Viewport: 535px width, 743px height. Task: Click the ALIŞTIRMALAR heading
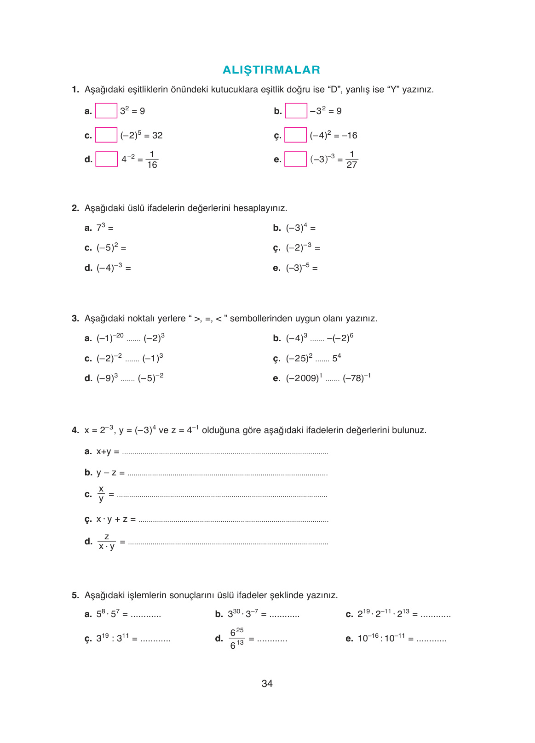point(271,70)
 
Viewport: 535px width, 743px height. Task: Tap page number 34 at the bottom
point(267,684)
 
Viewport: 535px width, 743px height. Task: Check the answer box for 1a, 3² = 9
point(106,111)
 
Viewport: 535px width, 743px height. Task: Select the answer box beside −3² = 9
point(296,111)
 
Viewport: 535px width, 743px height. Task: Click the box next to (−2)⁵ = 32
point(106,135)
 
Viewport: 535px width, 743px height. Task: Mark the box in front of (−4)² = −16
point(295,135)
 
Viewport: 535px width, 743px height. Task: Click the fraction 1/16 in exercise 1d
point(152,160)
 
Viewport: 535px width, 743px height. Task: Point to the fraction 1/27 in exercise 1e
point(351,160)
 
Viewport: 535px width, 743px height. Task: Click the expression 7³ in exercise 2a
point(101,228)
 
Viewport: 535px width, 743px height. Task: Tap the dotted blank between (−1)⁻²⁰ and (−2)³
point(133,340)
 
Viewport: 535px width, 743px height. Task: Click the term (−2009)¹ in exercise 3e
point(304,378)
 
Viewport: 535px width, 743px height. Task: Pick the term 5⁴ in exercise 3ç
point(336,358)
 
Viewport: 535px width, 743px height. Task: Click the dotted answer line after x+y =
point(225,453)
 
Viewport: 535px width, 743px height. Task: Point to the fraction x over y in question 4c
point(101,494)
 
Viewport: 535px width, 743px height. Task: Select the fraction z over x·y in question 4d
point(107,542)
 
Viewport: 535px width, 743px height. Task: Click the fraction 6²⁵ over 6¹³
point(236,638)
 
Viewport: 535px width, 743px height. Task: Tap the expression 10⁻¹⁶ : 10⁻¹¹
point(381,638)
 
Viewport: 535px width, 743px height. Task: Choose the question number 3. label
point(75,319)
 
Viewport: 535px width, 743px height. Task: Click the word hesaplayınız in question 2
point(260,208)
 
